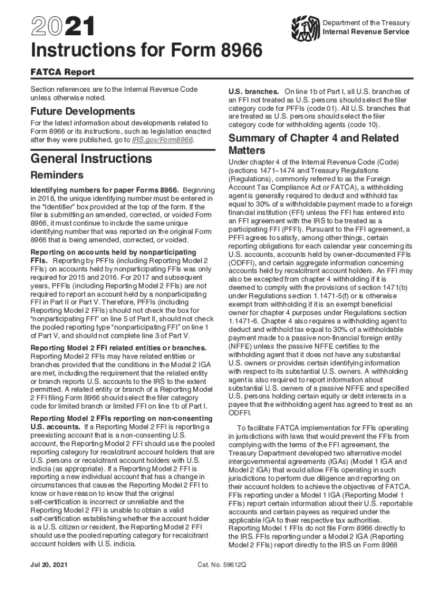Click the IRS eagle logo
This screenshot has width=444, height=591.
tap(304, 27)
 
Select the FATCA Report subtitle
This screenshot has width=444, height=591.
tap(62, 72)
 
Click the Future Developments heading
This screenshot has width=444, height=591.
tap(82, 111)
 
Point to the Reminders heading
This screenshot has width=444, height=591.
tap(57, 175)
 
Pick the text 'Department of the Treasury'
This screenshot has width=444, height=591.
tap(366, 23)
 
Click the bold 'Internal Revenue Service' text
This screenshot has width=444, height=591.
tap(366, 32)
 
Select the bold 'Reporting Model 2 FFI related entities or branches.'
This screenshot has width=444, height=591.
tap(118, 347)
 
